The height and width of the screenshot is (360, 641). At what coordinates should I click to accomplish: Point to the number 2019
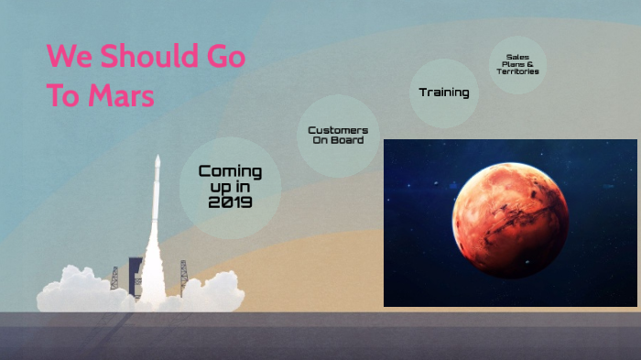(x=230, y=202)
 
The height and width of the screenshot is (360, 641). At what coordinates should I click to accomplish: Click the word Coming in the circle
(x=230, y=171)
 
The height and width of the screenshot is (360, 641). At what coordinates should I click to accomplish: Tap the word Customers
(x=338, y=130)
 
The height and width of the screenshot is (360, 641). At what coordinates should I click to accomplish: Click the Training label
(x=444, y=92)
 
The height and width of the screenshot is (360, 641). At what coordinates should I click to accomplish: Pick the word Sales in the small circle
(x=517, y=56)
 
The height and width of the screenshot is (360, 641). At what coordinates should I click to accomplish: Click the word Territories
(x=517, y=71)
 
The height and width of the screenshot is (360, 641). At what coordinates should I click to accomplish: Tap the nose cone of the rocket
(x=158, y=163)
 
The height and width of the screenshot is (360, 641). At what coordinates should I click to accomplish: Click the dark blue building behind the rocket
(x=136, y=275)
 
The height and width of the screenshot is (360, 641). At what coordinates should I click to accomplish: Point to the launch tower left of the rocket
(x=114, y=277)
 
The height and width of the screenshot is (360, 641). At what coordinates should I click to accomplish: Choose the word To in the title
(x=63, y=95)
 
